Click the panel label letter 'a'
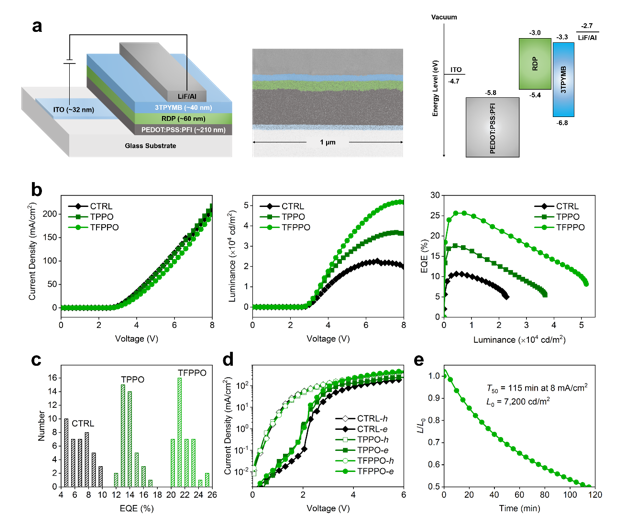point(37,25)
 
